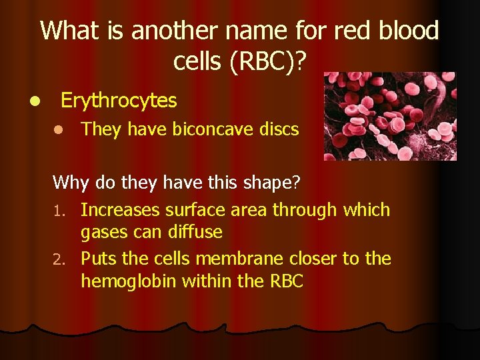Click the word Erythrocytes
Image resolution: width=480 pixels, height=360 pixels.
coord(119,101)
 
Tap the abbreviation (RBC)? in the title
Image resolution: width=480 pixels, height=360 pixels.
coord(269,61)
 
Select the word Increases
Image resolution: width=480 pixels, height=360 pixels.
coord(121,210)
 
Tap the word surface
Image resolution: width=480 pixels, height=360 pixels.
coord(196,210)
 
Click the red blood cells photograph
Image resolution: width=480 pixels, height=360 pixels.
coord(389,117)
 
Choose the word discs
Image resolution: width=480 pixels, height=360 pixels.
coord(278,129)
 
